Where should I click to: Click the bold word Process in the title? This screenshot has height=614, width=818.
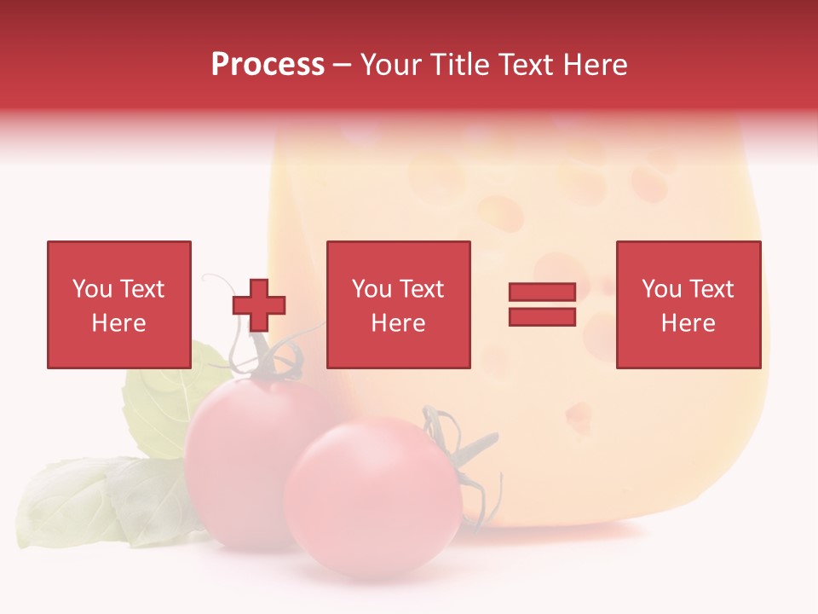coord(268,65)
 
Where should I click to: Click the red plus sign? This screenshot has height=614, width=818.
coord(259,305)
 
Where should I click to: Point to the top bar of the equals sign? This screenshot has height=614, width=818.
coord(542,293)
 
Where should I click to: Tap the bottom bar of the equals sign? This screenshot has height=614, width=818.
coord(542,317)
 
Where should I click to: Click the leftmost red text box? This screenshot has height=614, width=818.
coord(118,304)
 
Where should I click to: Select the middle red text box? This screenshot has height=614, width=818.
coord(398,304)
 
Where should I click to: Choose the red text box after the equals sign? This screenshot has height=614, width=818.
coord(688,304)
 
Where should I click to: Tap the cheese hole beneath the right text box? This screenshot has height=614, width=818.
coord(579,415)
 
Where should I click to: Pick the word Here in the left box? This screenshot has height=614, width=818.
coord(118,323)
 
